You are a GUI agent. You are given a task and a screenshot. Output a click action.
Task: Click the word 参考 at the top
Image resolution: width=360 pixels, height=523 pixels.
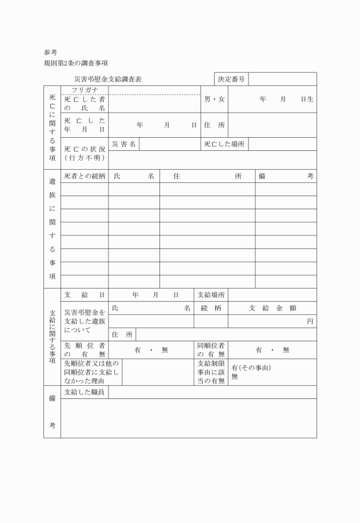click(x=50, y=52)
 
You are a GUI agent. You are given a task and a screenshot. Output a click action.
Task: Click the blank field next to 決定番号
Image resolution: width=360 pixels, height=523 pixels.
click(x=282, y=79)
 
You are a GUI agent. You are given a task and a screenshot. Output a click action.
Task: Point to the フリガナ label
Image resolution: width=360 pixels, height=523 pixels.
click(x=85, y=90)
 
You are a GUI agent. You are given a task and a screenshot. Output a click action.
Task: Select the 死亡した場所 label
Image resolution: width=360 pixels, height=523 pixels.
click(x=225, y=144)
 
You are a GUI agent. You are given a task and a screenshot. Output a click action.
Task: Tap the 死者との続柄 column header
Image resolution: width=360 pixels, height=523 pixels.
click(x=85, y=177)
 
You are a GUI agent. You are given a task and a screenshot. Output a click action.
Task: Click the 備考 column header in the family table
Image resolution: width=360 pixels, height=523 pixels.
click(x=285, y=177)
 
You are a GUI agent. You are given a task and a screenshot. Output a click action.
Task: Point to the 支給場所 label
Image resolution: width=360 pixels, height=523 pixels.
click(x=211, y=295)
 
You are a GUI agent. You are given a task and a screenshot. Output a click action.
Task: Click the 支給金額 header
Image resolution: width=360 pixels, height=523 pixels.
click(x=272, y=308)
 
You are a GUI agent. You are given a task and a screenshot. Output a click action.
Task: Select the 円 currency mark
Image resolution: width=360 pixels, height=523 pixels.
click(x=310, y=321)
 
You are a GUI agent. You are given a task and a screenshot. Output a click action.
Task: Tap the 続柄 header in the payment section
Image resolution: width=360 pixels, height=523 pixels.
click(x=210, y=308)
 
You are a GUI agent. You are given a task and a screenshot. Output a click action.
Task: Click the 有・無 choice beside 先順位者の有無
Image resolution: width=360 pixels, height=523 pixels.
click(x=151, y=350)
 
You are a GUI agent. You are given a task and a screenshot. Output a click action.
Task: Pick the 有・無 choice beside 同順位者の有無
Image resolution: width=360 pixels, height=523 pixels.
click(x=272, y=350)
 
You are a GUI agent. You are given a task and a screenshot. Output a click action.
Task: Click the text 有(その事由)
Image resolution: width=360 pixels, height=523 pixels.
click(x=250, y=368)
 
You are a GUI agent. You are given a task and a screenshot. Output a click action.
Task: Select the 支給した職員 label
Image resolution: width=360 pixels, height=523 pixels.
click(x=85, y=392)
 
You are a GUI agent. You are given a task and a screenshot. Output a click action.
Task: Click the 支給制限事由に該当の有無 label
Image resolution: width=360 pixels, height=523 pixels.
click(x=211, y=372)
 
